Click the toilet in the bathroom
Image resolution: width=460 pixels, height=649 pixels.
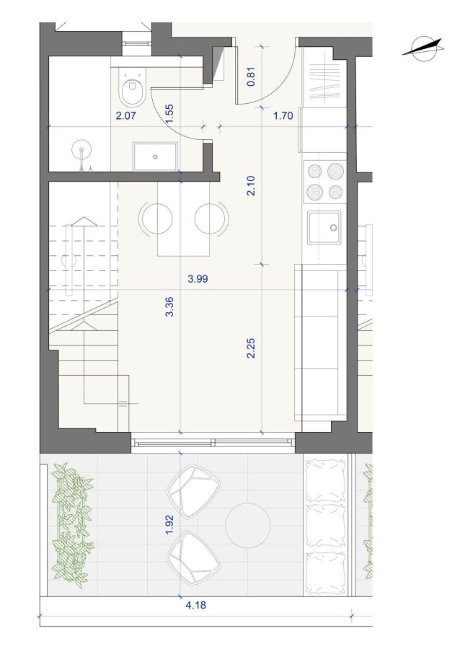coord(132,86)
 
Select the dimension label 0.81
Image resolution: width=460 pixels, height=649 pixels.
coord(251,76)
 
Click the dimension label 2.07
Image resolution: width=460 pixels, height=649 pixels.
coord(125,115)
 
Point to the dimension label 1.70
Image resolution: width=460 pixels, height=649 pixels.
coord(283,115)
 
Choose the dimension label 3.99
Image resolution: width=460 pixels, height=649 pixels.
coord(198,279)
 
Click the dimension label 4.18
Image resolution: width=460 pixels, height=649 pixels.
coord(195,605)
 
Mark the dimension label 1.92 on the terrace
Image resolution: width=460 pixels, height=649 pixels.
coord(169,524)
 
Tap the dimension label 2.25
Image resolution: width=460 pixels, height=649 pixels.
coord(251,348)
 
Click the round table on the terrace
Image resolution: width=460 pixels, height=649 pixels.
coord(248,525)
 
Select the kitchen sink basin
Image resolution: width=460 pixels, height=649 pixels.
coord(324,228)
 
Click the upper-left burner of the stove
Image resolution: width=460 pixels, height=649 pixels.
coord(314,170)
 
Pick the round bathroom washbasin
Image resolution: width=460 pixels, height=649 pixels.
coord(81,149)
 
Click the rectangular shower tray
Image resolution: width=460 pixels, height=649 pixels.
coord(155,156)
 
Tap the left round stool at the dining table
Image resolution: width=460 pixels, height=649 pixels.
coord(157,218)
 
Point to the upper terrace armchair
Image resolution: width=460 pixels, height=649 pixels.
coord(194,491)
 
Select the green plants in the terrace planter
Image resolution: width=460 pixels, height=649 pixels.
coord(72,522)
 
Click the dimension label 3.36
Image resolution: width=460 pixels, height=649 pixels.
coord(169,306)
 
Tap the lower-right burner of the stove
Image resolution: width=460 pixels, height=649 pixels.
coord(335,192)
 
